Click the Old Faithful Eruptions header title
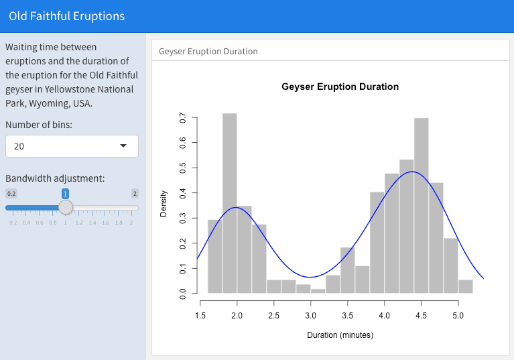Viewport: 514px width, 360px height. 66,16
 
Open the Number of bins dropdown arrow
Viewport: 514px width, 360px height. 123,146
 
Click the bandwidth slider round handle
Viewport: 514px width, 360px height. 66,207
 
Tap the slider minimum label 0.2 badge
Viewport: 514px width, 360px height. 11,193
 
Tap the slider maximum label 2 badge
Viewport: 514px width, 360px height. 135,193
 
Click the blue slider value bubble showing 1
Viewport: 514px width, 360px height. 65,193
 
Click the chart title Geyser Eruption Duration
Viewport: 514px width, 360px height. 340,86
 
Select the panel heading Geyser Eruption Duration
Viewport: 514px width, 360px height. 208,51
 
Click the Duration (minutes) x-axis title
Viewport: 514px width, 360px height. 340,335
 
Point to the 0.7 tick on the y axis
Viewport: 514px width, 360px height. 183,118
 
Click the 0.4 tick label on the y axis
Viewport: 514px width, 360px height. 183,193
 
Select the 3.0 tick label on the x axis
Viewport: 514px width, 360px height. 310,314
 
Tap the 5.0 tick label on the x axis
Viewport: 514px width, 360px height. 458,314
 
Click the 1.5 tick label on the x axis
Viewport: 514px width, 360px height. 200,314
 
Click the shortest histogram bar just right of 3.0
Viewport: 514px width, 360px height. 318,290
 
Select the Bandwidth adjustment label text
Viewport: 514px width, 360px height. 55,178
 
